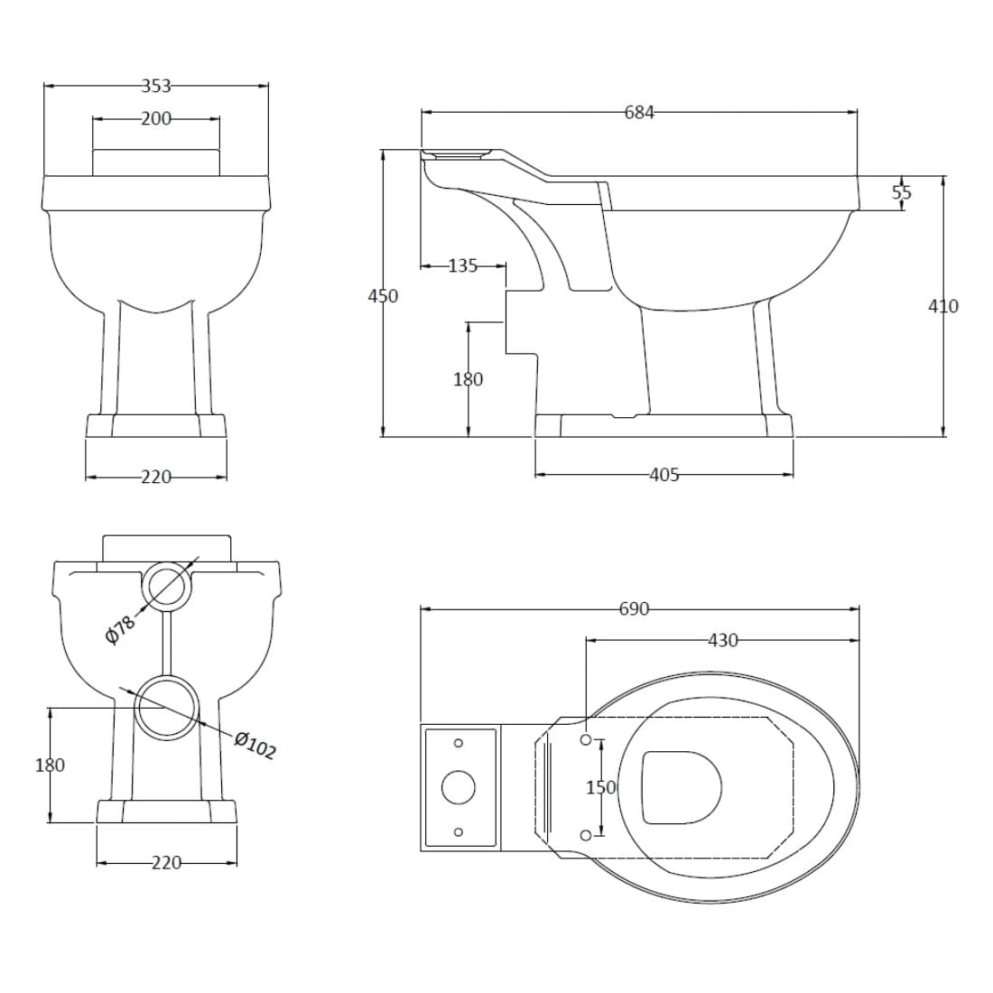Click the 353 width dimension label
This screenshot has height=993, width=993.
156,86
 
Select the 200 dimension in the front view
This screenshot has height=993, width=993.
156,118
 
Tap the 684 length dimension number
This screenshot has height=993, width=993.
639,112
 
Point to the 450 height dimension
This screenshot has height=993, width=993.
383,296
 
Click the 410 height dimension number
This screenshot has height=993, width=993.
943,306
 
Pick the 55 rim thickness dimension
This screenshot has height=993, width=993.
902,192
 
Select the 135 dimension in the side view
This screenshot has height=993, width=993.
463,266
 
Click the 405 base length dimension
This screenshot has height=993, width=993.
664,474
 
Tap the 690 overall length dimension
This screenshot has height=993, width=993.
634,608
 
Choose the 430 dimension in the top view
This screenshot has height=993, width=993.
722,640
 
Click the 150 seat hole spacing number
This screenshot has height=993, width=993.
601,787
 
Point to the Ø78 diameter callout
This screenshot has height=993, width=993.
120,629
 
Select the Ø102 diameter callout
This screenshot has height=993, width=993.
255,746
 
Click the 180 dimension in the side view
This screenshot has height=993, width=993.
469,379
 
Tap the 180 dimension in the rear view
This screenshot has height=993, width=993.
50,765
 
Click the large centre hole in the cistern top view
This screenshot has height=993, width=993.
458,787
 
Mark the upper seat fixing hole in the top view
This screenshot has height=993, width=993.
586,739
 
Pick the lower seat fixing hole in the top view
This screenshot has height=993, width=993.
586,835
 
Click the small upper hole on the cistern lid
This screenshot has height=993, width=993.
459,743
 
